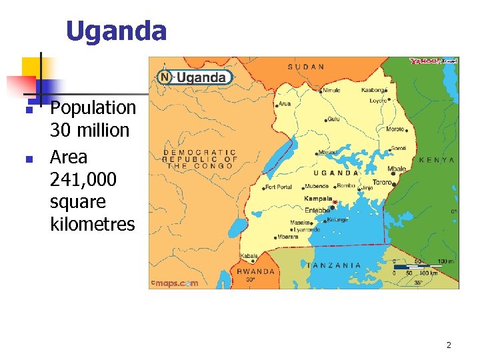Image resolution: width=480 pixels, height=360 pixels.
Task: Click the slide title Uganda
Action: (116, 31)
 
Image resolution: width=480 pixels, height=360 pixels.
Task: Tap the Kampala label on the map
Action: (318, 199)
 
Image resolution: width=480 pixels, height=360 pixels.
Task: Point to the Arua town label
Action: (285, 103)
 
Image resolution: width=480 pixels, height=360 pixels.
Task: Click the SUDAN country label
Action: (306, 67)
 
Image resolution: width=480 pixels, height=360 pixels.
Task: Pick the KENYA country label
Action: (437, 160)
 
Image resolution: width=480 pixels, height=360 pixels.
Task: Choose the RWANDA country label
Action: (256, 271)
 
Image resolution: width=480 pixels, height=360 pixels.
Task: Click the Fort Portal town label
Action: (278, 187)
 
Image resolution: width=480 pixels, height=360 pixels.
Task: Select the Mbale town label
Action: (397, 169)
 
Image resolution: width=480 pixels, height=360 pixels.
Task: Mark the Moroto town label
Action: (395, 129)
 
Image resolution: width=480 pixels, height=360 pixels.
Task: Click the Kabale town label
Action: (249, 256)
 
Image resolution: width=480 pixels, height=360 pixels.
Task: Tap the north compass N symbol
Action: (165, 77)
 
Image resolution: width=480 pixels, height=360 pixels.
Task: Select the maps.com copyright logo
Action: (174, 283)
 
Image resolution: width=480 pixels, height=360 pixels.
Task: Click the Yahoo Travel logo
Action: (433, 61)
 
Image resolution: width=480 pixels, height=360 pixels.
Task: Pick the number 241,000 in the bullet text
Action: (83, 179)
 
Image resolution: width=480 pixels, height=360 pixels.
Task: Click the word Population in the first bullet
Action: (93, 108)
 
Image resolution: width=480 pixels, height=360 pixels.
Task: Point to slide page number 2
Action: (449, 345)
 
